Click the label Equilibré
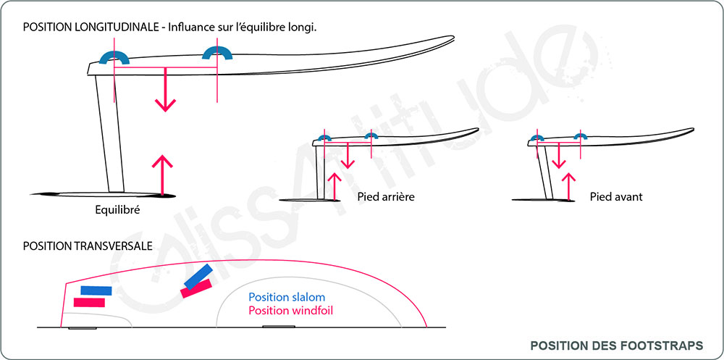(117, 212)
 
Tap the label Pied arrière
(386, 196)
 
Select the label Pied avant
(616, 196)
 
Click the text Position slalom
(287, 297)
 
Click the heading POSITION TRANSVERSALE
(87, 246)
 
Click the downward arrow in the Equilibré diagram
(166, 90)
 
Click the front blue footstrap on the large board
(217, 52)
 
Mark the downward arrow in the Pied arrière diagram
(348, 155)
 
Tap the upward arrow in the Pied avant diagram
(570, 185)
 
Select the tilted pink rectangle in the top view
(195, 288)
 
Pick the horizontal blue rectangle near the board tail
(96, 290)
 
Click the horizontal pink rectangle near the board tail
(89, 301)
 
